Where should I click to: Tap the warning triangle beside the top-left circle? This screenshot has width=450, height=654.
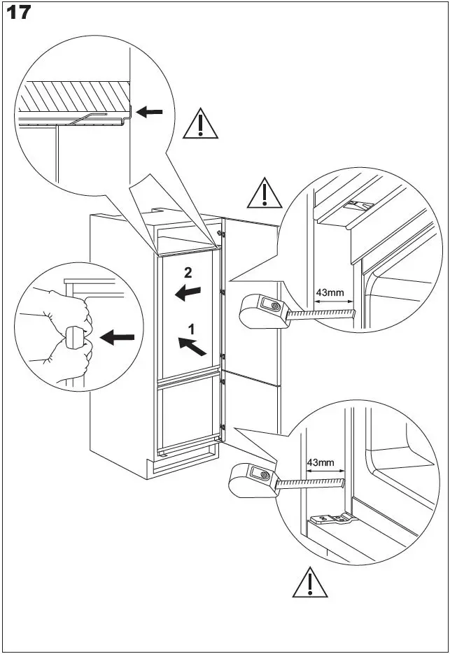point(200,124)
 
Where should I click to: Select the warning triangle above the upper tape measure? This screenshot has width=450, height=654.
point(264,192)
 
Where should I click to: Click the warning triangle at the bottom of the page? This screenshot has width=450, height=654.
point(309,582)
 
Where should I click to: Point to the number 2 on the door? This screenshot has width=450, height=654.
point(188,273)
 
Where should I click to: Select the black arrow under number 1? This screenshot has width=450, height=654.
point(194,344)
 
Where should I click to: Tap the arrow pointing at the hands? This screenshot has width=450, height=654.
point(117,338)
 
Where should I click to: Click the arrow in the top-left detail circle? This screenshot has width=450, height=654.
point(150,111)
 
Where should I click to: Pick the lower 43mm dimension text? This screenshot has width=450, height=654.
point(321,462)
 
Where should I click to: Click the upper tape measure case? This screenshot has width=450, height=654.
point(262,310)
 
